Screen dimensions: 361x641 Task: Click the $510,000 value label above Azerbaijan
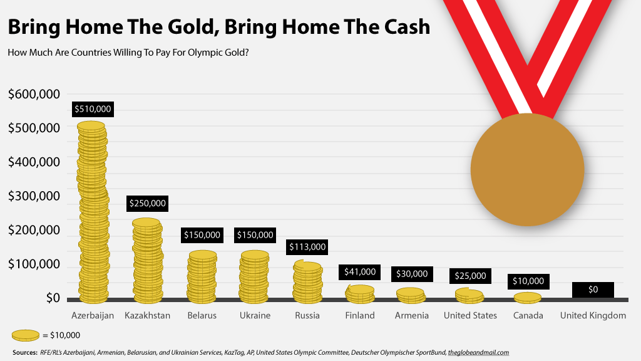pyautogui.click(x=93, y=109)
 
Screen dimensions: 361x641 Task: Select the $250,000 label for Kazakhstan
pyautogui.click(x=147, y=203)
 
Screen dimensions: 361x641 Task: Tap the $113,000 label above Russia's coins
pyautogui.click(x=307, y=247)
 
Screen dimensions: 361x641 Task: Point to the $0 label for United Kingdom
pyautogui.click(x=593, y=290)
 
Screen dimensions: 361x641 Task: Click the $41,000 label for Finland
pyautogui.click(x=360, y=272)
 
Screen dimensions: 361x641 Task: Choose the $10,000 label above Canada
pyautogui.click(x=528, y=281)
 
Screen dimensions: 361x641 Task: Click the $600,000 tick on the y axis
pyautogui.click(x=34, y=95)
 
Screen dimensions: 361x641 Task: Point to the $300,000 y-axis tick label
pyautogui.click(x=34, y=196)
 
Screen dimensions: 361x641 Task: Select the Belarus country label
pyautogui.click(x=202, y=315)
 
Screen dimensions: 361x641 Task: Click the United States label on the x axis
pyautogui.click(x=470, y=315)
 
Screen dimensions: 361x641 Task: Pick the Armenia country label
pyautogui.click(x=411, y=315)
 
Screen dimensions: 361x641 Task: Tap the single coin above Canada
pyautogui.click(x=528, y=297)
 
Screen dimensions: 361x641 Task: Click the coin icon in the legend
pyautogui.click(x=25, y=335)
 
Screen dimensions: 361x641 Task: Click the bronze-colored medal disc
pyautogui.click(x=527, y=169)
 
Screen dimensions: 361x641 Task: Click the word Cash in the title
pyautogui.click(x=402, y=27)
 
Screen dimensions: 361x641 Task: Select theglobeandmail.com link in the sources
pyautogui.click(x=478, y=352)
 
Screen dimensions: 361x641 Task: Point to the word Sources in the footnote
pyautogui.click(x=25, y=352)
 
